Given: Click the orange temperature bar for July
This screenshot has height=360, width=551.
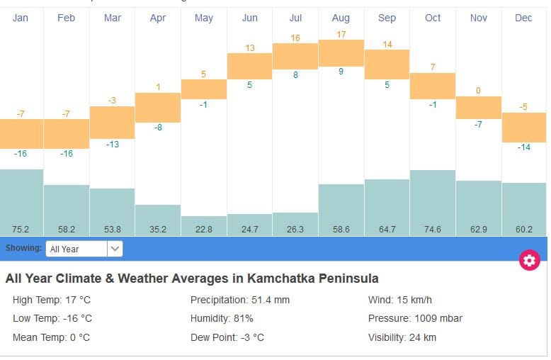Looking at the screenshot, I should point(295,56).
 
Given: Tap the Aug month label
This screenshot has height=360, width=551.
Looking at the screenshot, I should point(341,18).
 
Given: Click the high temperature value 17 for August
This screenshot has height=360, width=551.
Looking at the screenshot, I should point(341,34).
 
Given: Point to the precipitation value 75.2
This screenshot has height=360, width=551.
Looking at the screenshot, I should point(21,229).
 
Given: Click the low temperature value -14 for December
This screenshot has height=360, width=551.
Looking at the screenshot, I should point(523,147).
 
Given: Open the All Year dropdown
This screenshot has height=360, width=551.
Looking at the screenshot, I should point(84,249).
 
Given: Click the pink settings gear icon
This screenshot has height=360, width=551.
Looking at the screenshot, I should point(529,261).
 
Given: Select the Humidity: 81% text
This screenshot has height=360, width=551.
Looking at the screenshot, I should point(222,319).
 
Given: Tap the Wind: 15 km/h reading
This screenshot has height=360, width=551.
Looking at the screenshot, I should point(399,300).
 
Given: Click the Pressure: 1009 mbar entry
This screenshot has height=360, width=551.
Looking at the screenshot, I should point(415,319).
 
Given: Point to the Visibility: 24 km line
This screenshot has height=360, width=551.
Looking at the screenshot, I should point(402,337).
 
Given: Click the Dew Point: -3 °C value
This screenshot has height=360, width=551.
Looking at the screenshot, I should point(227,337).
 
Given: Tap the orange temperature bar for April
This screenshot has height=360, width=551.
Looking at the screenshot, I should point(158,107).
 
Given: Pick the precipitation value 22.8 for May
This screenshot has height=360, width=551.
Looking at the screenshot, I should point(204,229).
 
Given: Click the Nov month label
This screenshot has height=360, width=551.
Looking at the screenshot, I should point(479,18).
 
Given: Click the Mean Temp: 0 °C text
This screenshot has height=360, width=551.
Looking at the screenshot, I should point(51,337).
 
